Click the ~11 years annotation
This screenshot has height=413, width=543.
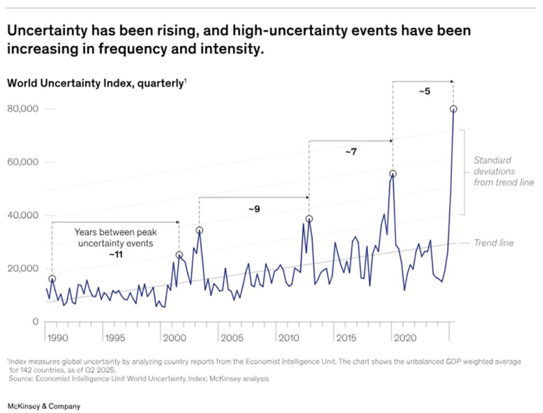(115, 255)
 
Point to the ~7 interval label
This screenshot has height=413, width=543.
(351, 152)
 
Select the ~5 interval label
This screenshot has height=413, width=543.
(424, 91)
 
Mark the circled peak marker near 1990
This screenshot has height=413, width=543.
(52, 279)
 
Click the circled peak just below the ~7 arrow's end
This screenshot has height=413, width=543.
(392, 174)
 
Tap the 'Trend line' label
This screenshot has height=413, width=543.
(493, 243)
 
